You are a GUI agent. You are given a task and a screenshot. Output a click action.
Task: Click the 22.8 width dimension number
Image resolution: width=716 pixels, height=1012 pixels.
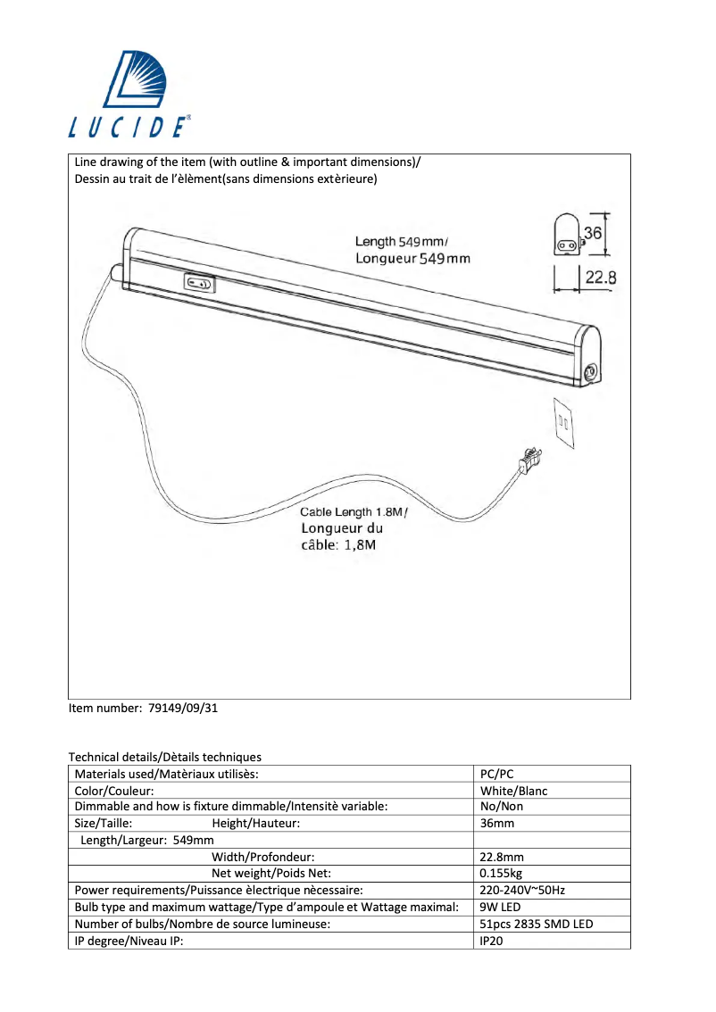(x=600, y=278)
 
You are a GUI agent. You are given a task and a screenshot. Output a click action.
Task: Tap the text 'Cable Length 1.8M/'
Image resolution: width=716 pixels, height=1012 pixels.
(x=354, y=512)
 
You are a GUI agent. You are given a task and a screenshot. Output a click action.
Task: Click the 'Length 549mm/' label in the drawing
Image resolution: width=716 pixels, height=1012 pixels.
(x=402, y=242)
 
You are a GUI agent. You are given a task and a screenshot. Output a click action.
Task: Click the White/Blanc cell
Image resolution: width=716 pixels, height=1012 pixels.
(x=513, y=791)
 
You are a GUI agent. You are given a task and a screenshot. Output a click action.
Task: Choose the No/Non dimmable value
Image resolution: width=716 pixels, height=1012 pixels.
(x=501, y=807)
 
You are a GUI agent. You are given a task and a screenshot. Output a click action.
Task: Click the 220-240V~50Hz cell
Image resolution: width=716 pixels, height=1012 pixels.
(x=522, y=890)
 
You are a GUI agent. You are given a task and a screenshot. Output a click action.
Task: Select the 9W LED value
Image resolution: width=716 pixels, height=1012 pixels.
(x=500, y=907)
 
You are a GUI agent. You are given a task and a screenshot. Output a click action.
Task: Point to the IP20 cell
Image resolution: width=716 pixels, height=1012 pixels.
(x=492, y=940)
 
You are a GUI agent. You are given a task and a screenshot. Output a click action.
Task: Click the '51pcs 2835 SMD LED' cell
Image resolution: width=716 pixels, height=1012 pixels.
(x=536, y=924)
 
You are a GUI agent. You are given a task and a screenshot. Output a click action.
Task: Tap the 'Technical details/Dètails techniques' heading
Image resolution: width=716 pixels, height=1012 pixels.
(x=165, y=757)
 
